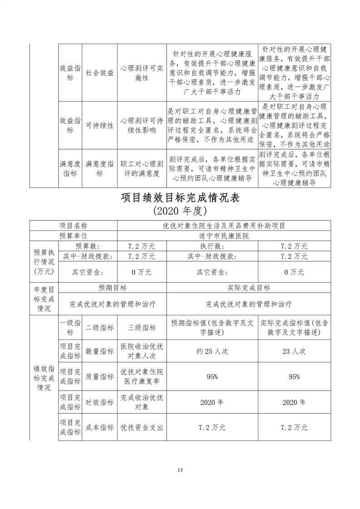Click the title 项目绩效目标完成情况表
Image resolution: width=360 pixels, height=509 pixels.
[x=180, y=198]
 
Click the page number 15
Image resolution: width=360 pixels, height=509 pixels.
[x=180, y=470]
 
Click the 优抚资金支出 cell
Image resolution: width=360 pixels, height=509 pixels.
[x=142, y=427]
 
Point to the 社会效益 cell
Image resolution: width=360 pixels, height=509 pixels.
[x=100, y=73]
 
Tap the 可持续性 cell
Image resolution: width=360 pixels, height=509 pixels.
[x=100, y=125]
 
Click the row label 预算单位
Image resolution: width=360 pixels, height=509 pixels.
[x=73, y=236]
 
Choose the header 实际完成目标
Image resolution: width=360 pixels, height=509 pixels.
[x=249, y=288]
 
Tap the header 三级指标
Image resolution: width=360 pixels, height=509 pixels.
[x=142, y=328]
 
